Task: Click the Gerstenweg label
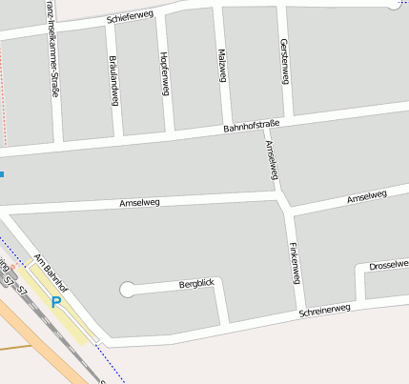284,58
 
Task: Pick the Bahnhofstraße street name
251,125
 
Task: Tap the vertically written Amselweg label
273,159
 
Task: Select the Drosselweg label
388,265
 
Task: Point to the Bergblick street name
197,284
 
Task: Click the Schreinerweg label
325,310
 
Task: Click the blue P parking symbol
56,301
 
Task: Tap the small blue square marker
2,174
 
